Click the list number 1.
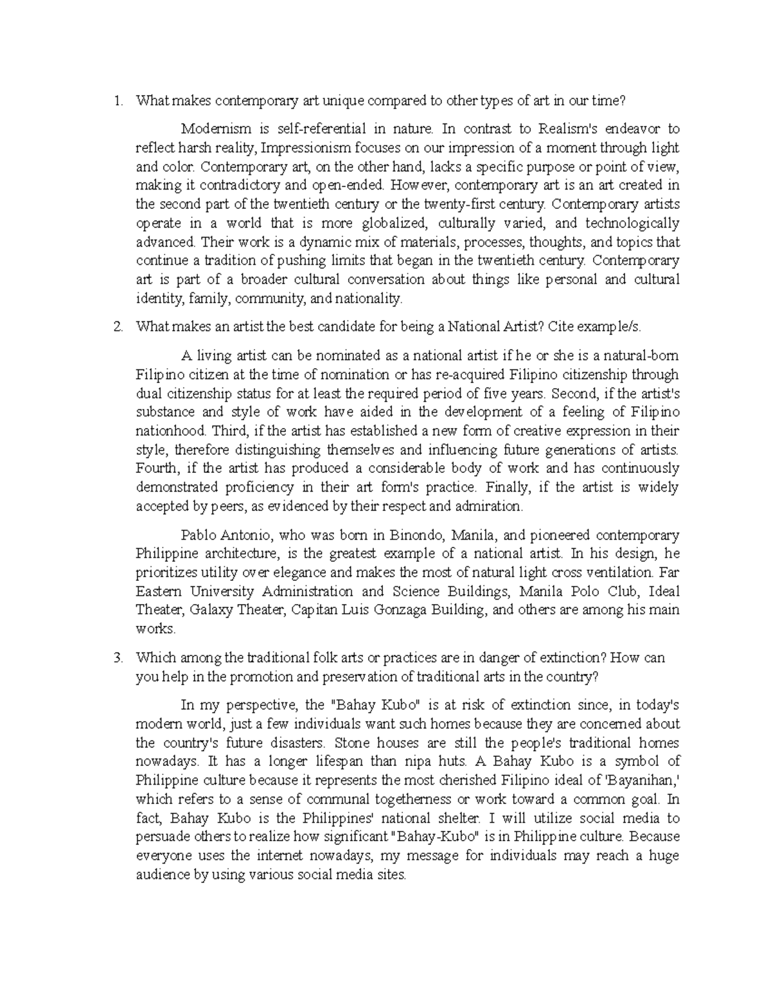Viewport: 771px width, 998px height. tap(116, 100)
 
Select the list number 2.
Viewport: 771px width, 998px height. tap(116, 326)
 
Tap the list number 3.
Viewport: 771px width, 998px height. tap(116, 658)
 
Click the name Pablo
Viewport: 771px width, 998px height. tap(199, 535)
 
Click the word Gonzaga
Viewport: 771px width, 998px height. tap(411, 610)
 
